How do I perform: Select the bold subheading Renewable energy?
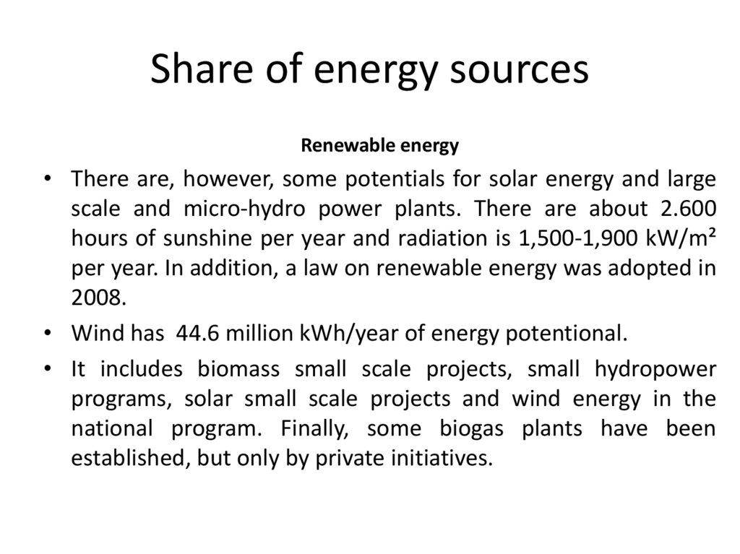pyautogui.click(x=379, y=146)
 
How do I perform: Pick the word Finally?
pyautogui.click(x=320, y=429)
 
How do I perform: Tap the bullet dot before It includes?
pyautogui.click(x=48, y=369)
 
